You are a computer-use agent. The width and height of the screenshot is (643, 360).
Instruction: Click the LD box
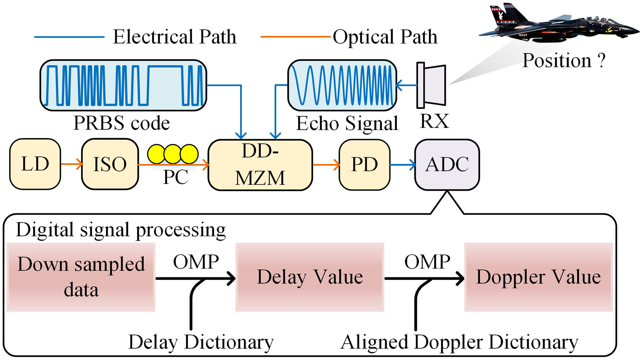click(x=35, y=164)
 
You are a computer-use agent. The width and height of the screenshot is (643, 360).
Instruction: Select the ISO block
click(x=110, y=164)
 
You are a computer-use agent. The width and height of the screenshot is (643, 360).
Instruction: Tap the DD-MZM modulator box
click(x=260, y=165)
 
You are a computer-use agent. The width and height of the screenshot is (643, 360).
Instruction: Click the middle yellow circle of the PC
click(x=172, y=154)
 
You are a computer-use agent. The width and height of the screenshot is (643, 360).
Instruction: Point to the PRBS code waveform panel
click(x=123, y=85)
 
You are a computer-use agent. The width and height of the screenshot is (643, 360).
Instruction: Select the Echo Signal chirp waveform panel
click(x=342, y=85)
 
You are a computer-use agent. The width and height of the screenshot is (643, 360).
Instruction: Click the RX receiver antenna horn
click(x=432, y=85)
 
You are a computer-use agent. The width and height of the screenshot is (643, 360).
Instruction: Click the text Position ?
click(x=564, y=61)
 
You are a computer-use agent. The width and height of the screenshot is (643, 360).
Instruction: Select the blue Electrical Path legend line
click(x=69, y=37)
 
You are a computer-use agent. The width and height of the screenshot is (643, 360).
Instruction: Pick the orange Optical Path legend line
click(x=295, y=37)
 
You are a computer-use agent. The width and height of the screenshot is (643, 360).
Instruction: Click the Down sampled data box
click(x=81, y=277)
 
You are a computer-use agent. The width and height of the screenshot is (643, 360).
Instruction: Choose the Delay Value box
click(x=310, y=277)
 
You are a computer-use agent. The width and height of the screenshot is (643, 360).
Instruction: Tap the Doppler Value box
click(x=538, y=277)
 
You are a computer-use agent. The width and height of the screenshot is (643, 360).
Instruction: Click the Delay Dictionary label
click(x=201, y=342)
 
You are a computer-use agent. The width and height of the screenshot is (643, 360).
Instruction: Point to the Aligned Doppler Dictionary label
click(x=459, y=342)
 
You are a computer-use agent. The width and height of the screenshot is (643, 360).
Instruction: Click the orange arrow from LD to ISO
click(x=71, y=164)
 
